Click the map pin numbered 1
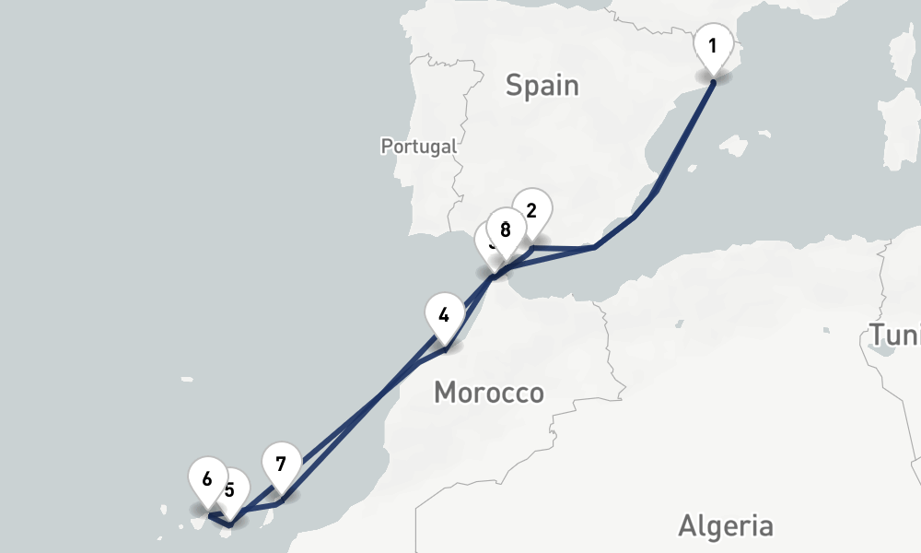(x=713, y=46)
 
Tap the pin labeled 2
(x=530, y=210)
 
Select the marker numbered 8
(x=504, y=230)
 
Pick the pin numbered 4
(x=444, y=314)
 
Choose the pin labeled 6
(x=206, y=479)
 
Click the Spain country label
(x=542, y=86)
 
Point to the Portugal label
(x=418, y=146)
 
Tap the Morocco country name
(x=488, y=393)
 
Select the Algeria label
(x=726, y=525)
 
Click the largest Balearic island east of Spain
(x=734, y=146)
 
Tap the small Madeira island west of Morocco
(x=187, y=379)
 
